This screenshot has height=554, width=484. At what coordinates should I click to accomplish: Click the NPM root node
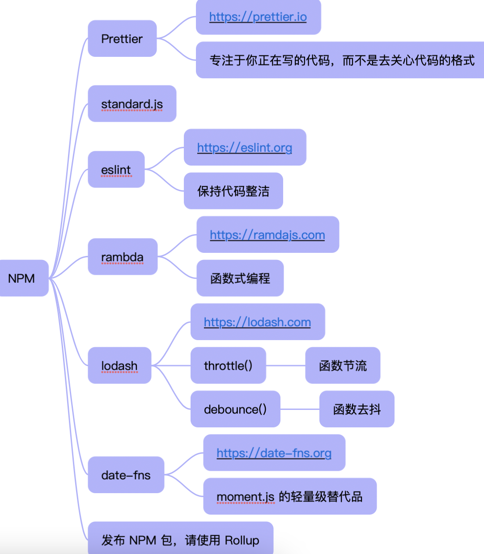click(22, 278)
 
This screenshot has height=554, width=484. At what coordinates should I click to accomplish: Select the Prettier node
click(122, 39)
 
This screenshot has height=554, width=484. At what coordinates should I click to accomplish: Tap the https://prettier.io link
click(258, 17)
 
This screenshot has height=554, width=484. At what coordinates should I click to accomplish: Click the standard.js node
click(132, 104)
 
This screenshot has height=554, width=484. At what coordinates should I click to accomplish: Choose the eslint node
click(116, 170)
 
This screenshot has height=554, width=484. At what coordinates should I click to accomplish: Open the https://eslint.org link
click(244, 148)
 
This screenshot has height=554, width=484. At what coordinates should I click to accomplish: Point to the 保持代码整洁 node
click(233, 191)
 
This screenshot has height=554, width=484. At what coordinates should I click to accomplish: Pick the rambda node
click(122, 257)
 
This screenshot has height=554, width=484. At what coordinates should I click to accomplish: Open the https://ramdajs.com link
click(267, 235)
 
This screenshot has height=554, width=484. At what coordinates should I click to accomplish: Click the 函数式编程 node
click(240, 278)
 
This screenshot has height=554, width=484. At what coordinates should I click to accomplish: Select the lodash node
click(119, 366)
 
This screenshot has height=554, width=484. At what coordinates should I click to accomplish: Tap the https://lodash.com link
click(257, 322)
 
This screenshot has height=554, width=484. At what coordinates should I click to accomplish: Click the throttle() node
click(228, 366)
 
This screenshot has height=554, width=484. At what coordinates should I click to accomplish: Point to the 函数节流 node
click(343, 366)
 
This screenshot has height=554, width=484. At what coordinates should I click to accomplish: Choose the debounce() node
click(235, 409)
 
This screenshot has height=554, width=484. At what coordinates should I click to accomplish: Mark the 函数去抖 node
click(357, 409)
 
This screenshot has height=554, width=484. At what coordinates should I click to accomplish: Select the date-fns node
click(126, 475)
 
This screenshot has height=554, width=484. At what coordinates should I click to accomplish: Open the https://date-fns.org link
click(274, 453)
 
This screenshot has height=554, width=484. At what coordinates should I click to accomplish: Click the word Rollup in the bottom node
click(242, 540)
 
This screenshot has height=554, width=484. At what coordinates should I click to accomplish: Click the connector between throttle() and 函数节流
click(286, 366)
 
